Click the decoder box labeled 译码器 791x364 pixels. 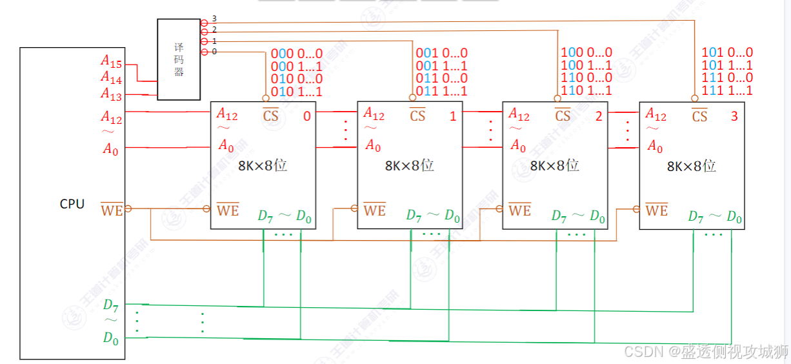179,59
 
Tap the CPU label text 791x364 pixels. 72,204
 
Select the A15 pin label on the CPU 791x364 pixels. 111,61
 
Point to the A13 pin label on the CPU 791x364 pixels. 111,94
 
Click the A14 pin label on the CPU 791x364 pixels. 111,77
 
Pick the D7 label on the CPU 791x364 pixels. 110,305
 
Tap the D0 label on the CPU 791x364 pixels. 110,337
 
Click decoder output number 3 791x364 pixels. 214,19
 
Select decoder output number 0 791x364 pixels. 214,51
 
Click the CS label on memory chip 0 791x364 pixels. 271,116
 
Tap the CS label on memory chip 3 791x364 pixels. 699,116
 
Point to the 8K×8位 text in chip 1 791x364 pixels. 410,166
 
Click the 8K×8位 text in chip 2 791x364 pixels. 554,166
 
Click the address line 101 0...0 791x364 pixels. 727,53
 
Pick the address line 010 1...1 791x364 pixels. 296,92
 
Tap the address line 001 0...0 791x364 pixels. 441,53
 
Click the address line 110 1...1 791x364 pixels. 586,92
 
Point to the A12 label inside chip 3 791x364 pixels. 656,115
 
